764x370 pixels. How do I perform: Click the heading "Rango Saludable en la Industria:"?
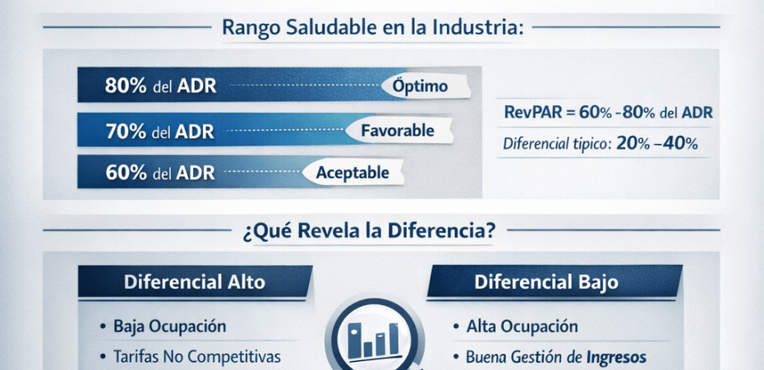[373, 27]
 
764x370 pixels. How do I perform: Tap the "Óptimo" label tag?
[425, 86]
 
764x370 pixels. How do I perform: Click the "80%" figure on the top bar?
[126, 86]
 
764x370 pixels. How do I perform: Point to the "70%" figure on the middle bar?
[126, 131]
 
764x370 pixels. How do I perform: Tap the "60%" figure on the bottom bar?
[126, 173]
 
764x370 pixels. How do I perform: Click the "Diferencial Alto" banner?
[195, 282]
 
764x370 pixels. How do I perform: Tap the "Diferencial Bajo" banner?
[555, 282]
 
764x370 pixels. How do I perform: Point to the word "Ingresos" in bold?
[616, 358]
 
